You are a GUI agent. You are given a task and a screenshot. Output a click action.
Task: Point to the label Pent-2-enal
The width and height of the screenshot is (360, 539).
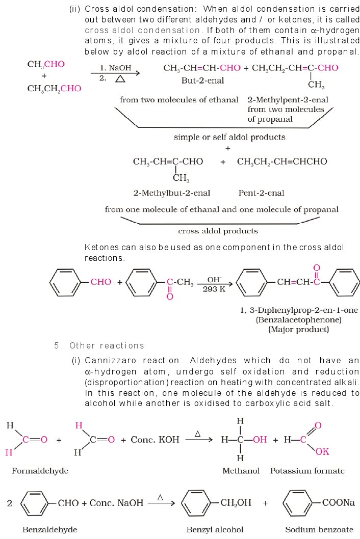(x=261, y=193)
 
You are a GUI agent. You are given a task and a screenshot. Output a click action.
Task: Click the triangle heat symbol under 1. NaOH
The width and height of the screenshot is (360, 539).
(x=120, y=79)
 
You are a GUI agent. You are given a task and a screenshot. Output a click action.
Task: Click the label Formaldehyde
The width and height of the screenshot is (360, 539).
(x=40, y=471)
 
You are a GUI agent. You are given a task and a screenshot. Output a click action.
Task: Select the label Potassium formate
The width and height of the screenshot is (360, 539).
(x=307, y=471)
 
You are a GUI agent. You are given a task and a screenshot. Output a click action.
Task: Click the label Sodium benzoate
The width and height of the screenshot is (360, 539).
(x=312, y=529)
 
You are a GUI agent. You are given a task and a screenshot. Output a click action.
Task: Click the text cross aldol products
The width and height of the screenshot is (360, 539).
(x=218, y=231)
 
